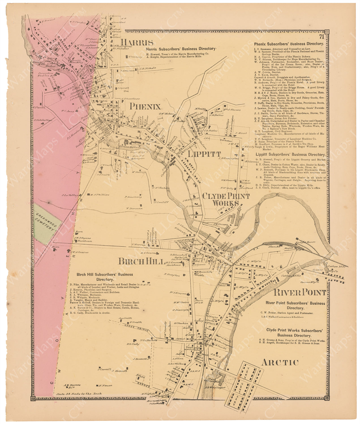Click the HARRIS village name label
(137, 43)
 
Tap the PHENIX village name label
(145, 106)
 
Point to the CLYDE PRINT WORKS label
(225, 200)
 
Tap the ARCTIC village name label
(280, 362)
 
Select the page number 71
(321, 36)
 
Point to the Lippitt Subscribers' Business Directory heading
(290, 155)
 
